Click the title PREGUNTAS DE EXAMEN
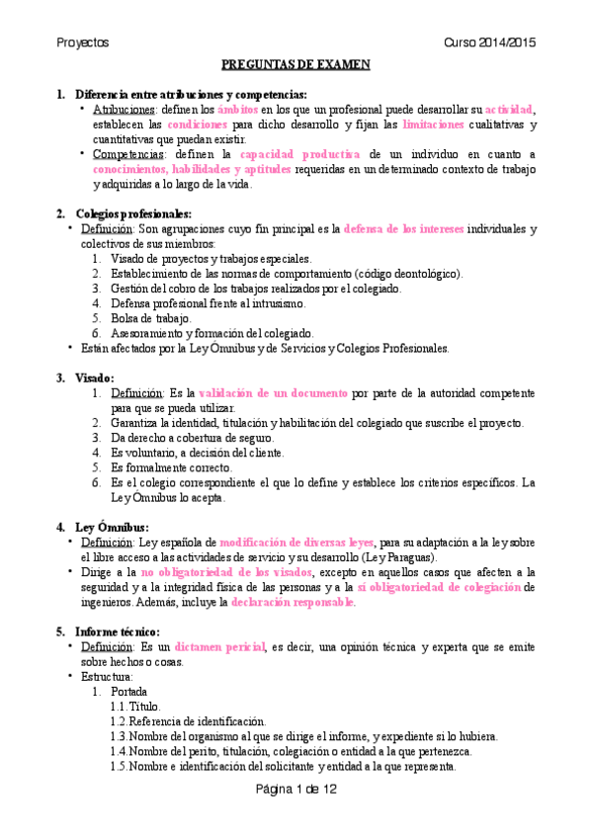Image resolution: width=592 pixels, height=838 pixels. tap(296, 65)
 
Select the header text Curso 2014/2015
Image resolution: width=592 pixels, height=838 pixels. tap(489, 43)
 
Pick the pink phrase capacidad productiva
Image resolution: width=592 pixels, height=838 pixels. tap(298, 154)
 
